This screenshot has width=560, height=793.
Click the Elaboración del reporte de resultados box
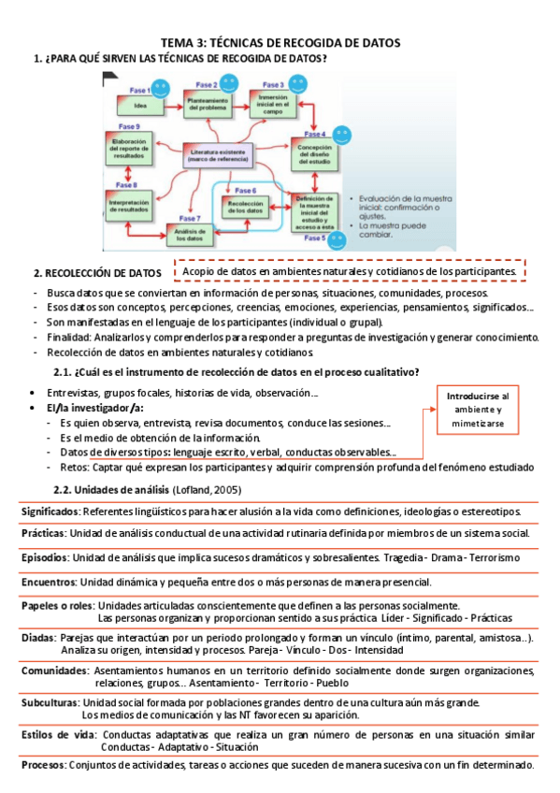(130, 148)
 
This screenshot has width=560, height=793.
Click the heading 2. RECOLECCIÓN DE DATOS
(96, 273)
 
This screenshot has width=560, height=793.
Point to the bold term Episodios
(45, 557)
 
